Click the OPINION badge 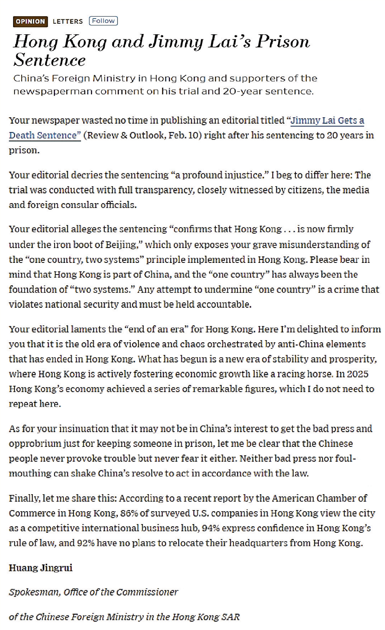coord(30,21)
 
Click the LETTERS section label coord(68,21)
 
